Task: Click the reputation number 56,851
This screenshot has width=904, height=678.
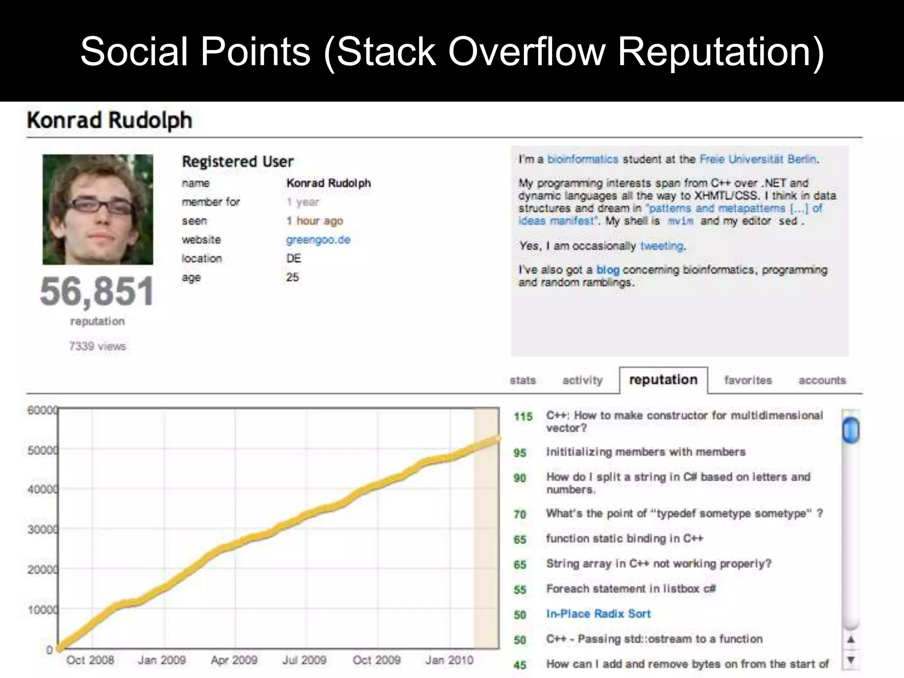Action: [97, 291]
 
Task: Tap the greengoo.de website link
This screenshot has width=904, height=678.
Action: [318, 240]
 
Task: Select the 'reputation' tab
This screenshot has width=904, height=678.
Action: [663, 380]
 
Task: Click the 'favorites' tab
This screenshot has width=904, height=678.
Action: [748, 380]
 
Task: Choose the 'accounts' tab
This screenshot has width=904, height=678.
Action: [822, 380]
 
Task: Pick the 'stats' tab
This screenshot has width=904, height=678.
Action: [523, 380]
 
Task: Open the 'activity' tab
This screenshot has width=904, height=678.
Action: [582, 380]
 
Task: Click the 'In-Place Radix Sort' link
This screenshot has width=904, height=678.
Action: [598, 614]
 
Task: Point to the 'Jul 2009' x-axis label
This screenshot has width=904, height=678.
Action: [304, 660]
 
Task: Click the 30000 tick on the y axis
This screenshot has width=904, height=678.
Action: [42, 529]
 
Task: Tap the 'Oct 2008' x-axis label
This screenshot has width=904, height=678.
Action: [90, 660]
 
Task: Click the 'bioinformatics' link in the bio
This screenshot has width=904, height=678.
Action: [583, 159]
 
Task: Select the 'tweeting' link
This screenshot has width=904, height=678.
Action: [662, 246]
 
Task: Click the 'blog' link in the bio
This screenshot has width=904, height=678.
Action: [607, 270]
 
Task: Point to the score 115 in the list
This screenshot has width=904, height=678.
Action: [523, 416]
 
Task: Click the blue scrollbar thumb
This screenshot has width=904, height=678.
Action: [851, 430]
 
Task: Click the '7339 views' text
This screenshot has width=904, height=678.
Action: [97, 346]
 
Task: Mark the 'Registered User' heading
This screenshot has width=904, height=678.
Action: [237, 162]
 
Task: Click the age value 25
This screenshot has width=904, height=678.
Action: [292, 277]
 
